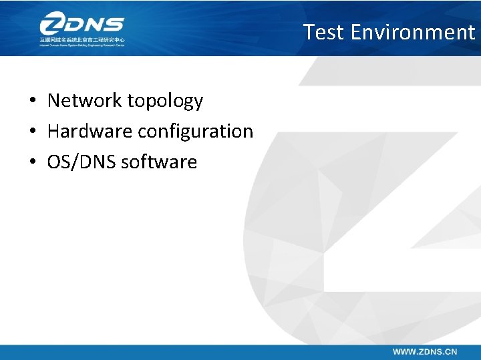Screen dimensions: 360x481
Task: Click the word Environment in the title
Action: [412, 32]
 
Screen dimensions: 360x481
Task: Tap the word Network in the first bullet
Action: [85, 101]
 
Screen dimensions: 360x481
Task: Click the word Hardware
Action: [90, 131]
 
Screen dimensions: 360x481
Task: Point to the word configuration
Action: [195, 132]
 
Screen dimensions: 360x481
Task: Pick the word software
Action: [159, 162]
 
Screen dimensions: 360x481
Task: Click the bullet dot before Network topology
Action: [32, 102]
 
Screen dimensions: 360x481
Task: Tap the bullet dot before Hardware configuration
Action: [32, 132]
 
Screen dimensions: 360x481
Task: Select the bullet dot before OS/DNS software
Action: [32, 162]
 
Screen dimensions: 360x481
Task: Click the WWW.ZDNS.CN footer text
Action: [425, 351]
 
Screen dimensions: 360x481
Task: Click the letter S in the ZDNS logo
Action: [114, 25]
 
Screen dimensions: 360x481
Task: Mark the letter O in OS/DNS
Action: [53, 162]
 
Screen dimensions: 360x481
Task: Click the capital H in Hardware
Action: [53, 131]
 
